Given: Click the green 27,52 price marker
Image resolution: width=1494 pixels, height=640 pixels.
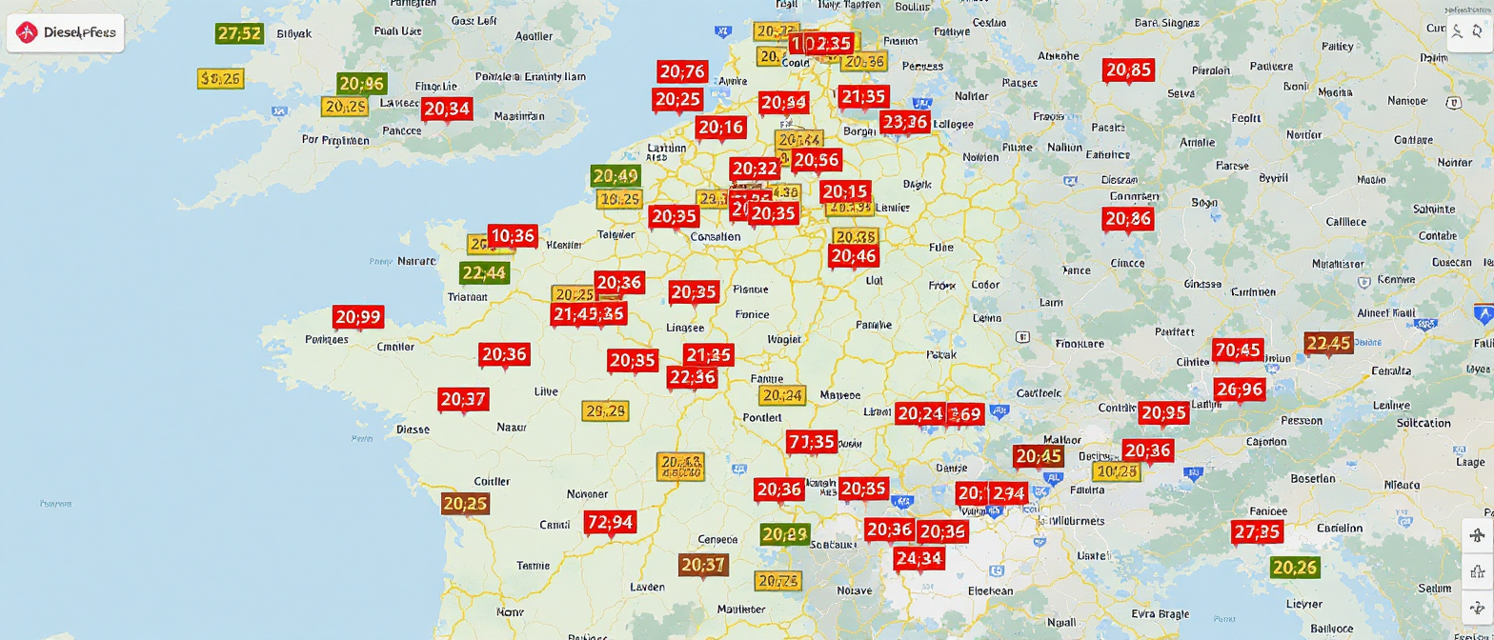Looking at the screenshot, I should coord(239,33).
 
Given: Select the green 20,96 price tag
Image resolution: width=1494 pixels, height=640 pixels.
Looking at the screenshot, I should coord(361,83).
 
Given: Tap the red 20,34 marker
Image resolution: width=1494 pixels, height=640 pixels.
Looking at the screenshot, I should coord(447,109).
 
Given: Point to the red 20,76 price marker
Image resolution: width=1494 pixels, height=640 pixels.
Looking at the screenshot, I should coord(682,71).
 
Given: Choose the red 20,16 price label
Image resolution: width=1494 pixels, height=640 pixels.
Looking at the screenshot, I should coord(720,128).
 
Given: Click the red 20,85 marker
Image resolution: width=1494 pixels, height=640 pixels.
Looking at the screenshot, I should coord(1129,70).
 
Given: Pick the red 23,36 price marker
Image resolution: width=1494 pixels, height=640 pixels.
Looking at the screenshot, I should coord(904,122).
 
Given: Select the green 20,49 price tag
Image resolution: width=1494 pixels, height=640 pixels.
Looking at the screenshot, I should coord(615,176).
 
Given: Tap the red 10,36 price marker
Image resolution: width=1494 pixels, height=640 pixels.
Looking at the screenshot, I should coord(513,235).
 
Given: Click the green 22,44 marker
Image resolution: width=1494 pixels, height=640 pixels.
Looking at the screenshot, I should coord(484,273).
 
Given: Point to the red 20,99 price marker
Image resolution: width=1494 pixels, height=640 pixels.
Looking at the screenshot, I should coord(358,317).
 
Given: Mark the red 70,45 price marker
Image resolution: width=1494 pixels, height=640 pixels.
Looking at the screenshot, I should coord(1238,350).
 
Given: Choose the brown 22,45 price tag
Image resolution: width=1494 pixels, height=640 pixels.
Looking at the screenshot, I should coord(1328,344).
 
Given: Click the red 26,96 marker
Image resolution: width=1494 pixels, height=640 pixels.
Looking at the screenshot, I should coord(1240,390).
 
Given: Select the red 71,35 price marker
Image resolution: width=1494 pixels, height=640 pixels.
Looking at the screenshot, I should coord(812,441).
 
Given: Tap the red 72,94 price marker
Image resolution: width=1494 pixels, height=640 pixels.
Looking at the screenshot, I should coord(610,522).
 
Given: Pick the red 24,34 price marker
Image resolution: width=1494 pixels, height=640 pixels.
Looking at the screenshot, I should coord(919,558).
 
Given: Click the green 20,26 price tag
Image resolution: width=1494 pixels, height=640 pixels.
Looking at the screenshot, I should coord(1295,569).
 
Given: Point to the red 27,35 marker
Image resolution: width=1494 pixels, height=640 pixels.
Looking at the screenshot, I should coord(1257,532).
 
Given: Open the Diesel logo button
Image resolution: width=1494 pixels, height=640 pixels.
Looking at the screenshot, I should coord(64,32).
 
